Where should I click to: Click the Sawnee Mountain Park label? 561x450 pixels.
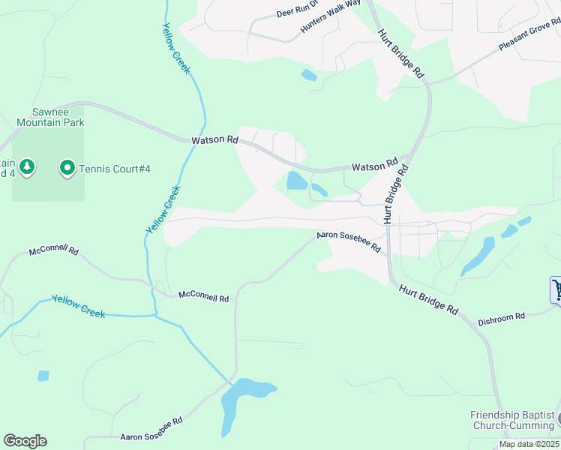coord(50,116)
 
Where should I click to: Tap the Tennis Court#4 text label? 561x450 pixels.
coord(115,169)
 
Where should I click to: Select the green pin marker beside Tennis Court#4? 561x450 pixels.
coord(67,168)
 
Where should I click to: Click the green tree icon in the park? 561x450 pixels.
coord(27,166)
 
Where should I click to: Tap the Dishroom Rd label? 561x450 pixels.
coord(501,319)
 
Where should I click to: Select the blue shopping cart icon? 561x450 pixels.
coord(556,289)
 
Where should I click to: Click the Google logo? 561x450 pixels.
coord(25,441)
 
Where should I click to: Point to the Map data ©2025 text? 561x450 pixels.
coord(529,444)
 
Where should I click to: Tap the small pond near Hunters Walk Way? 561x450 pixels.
coord(308,75)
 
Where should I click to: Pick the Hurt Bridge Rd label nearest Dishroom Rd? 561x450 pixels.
coord(427,298)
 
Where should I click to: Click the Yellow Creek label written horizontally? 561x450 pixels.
coord(78,306)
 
